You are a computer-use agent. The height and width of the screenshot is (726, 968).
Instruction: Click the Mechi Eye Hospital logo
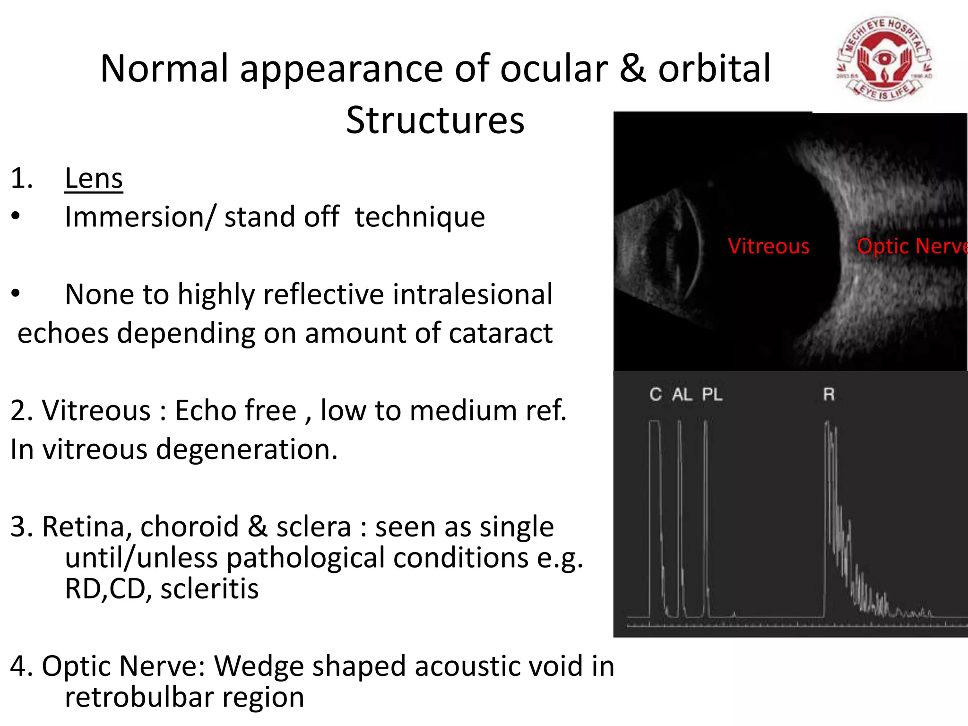click(x=884, y=59)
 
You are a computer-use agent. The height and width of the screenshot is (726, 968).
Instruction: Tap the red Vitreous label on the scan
click(x=769, y=246)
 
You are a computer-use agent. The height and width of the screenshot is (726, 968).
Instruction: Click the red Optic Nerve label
click(x=911, y=246)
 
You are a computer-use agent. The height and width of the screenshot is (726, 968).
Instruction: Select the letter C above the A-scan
click(x=655, y=394)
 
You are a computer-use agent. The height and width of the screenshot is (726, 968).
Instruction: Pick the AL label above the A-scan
click(x=682, y=394)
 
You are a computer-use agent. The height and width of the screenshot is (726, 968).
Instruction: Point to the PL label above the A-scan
click(x=712, y=394)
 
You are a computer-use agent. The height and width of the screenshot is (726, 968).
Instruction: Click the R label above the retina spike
click(x=829, y=394)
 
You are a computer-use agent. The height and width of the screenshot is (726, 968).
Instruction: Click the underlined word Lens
click(x=94, y=179)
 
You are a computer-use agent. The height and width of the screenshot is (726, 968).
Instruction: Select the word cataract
click(x=501, y=333)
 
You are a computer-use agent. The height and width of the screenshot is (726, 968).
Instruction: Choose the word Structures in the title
click(x=435, y=121)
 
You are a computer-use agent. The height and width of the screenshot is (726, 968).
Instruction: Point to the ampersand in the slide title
click(x=632, y=69)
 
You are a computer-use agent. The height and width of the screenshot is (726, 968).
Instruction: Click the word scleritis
click(x=209, y=589)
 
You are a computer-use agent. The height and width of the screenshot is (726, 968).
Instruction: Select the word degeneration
click(x=247, y=449)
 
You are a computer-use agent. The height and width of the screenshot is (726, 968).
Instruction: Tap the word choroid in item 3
click(x=190, y=527)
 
